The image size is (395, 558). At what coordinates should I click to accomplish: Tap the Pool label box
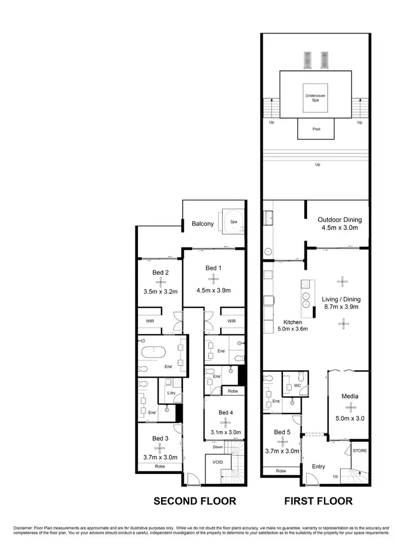[x=316, y=129]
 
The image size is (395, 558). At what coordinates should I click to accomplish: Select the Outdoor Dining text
[x=340, y=220]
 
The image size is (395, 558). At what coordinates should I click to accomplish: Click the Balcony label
[x=203, y=224]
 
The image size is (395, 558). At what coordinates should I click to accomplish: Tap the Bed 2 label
[x=161, y=272]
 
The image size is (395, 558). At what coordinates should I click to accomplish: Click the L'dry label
[x=171, y=393]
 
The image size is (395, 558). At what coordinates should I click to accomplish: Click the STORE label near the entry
[x=360, y=451]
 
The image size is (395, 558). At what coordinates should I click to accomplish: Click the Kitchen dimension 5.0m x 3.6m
[x=292, y=329]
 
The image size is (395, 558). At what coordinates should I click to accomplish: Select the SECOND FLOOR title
[x=195, y=501]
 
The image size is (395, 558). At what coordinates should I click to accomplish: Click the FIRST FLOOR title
[x=319, y=501]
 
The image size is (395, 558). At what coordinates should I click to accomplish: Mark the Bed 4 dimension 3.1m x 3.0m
[x=225, y=432]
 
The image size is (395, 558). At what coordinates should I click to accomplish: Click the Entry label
[x=319, y=466]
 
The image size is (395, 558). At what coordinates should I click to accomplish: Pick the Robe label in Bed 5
[x=281, y=471]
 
